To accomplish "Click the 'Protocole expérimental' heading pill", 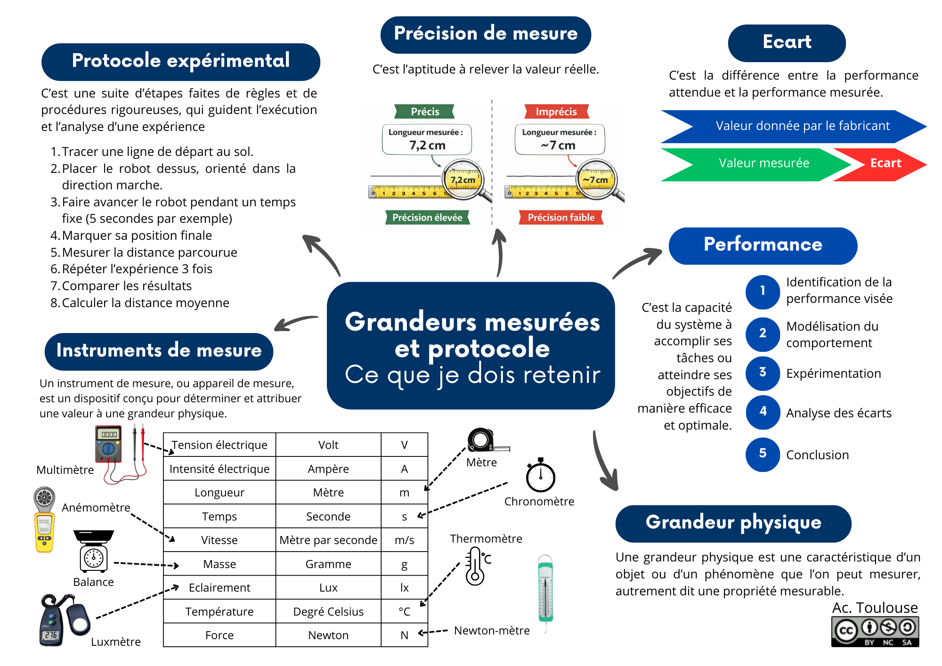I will (x=180, y=62).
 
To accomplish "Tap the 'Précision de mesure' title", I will (x=486, y=34).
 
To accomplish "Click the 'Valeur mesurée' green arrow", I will (x=758, y=164).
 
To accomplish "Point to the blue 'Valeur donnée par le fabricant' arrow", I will (x=796, y=126).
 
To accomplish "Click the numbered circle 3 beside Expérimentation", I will (x=763, y=373).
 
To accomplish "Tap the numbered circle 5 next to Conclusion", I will (x=763, y=454).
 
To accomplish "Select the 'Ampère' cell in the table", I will (x=328, y=469).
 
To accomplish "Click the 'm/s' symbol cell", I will (x=404, y=540).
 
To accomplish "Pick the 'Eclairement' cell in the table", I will (x=219, y=588).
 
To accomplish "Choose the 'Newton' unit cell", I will (x=328, y=635).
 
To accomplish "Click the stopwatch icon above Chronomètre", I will (x=541, y=476).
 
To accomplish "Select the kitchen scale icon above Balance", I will (x=94, y=551).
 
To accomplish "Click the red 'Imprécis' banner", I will (x=556, y=112).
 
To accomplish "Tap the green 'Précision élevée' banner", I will (x=427, y=218).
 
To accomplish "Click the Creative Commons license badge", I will (x=875, y=632).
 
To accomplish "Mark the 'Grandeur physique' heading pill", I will (x=733, y=523).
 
